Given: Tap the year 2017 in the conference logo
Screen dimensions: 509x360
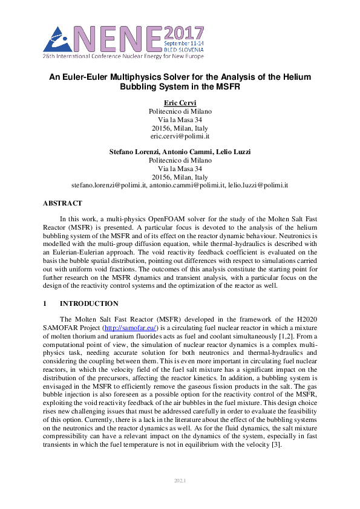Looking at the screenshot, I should coord(185,33).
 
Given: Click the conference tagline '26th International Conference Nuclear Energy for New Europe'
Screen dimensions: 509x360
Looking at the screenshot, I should coord(123,56).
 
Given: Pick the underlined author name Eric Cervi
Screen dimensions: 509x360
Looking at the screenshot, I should coord(180,103).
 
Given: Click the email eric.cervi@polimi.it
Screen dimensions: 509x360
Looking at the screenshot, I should coord(180,137).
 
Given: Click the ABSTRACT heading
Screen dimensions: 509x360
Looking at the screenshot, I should coord(62,204).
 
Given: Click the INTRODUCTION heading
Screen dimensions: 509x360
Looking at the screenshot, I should coord(89,303).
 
